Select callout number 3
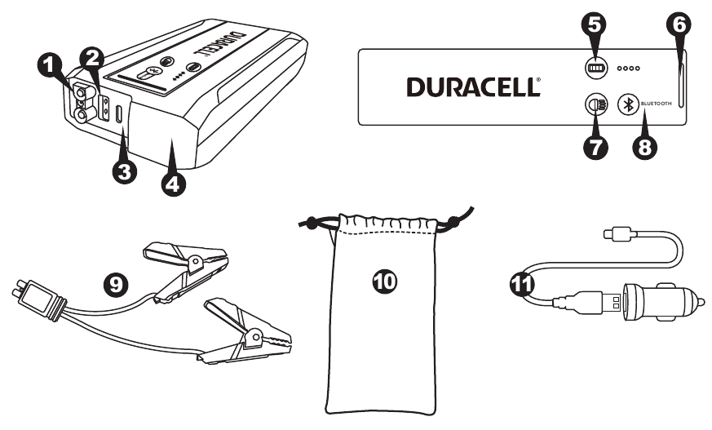[x=124, y=171]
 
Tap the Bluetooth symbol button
[x=627, y=104]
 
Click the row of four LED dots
[x=631, y=69]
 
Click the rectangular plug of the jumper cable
[x=38, y=300]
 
